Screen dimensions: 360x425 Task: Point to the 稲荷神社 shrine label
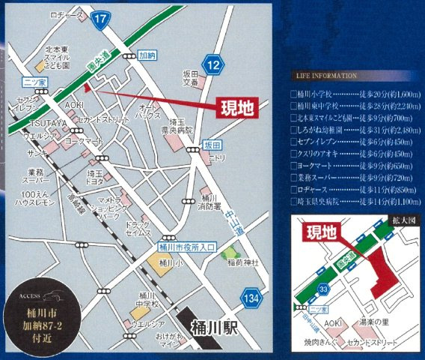click(244, 262)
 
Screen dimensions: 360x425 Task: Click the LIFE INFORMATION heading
click(326, 77)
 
